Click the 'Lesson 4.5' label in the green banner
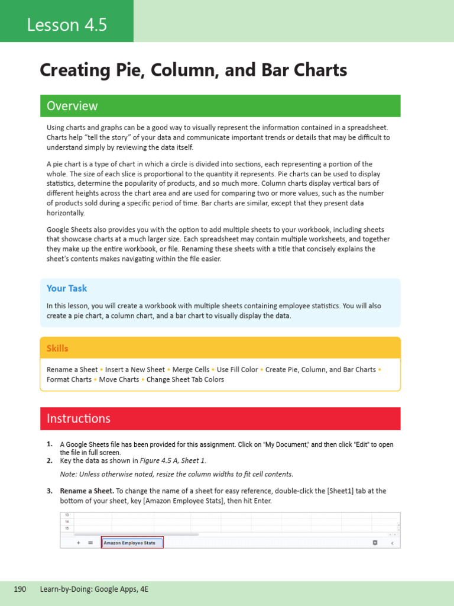[x=66, y=25]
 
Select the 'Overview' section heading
[x=72, y=106]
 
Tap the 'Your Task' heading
[x=67, y=288]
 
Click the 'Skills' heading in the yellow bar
[x=57, y=349]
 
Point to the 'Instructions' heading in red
[x=78, y=418]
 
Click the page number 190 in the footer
[x=20, y=589]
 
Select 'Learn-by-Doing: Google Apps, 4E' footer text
[x=94, y=589]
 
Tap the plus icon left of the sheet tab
[x=78, y=543]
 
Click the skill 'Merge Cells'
[x=190, y=369]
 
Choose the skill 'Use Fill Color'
[x=237, y=369]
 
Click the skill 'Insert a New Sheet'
[x=135, y=369]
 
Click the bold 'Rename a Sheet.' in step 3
[x=86, y=491]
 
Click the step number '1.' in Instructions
[x=50, y=444]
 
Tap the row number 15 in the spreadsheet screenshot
[x=66, y=527]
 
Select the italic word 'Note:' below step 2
[x=69, y=474]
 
